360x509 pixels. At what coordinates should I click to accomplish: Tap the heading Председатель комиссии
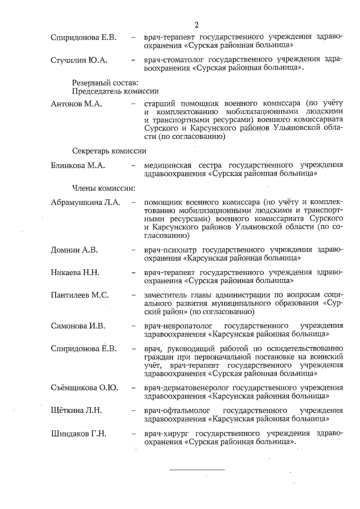115,91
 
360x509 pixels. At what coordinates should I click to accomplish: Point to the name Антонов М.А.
75,104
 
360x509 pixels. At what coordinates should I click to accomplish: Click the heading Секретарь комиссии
109,150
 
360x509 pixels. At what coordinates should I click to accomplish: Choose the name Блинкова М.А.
78,165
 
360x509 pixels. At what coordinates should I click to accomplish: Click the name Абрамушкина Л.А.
85,202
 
